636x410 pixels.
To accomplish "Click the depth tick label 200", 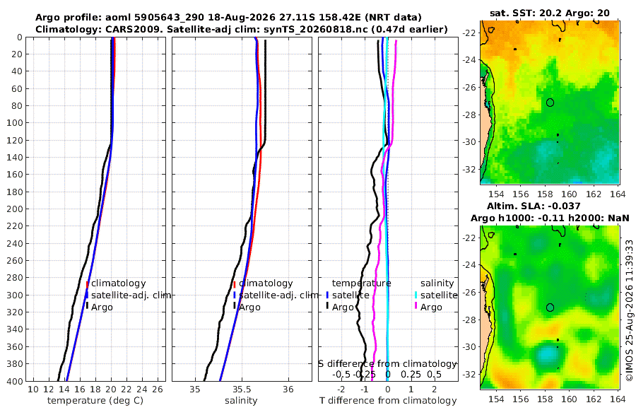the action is tap(14, 209).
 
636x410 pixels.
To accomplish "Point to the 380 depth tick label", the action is tap(14, 364).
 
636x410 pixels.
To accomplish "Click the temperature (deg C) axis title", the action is tap(95, 401).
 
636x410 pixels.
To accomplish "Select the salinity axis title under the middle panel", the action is tap(241, 401).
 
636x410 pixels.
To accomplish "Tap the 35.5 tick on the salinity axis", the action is tap(242, 389).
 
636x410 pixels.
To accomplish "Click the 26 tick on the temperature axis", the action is tap(158, 389).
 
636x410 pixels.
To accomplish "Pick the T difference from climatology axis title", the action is tap(388, 401).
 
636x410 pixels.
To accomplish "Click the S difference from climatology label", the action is tap(388, 364).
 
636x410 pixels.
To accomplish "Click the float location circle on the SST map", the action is tap(550, 102).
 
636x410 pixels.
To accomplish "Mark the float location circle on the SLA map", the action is tap(550, 307).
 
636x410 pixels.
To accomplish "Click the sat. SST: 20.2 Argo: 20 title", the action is tap(550, 13).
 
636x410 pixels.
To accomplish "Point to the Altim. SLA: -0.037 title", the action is tap(534, 206).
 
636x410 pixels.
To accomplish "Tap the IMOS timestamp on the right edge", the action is tap(630, 310).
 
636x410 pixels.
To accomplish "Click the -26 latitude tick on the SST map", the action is tap(469, 87).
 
